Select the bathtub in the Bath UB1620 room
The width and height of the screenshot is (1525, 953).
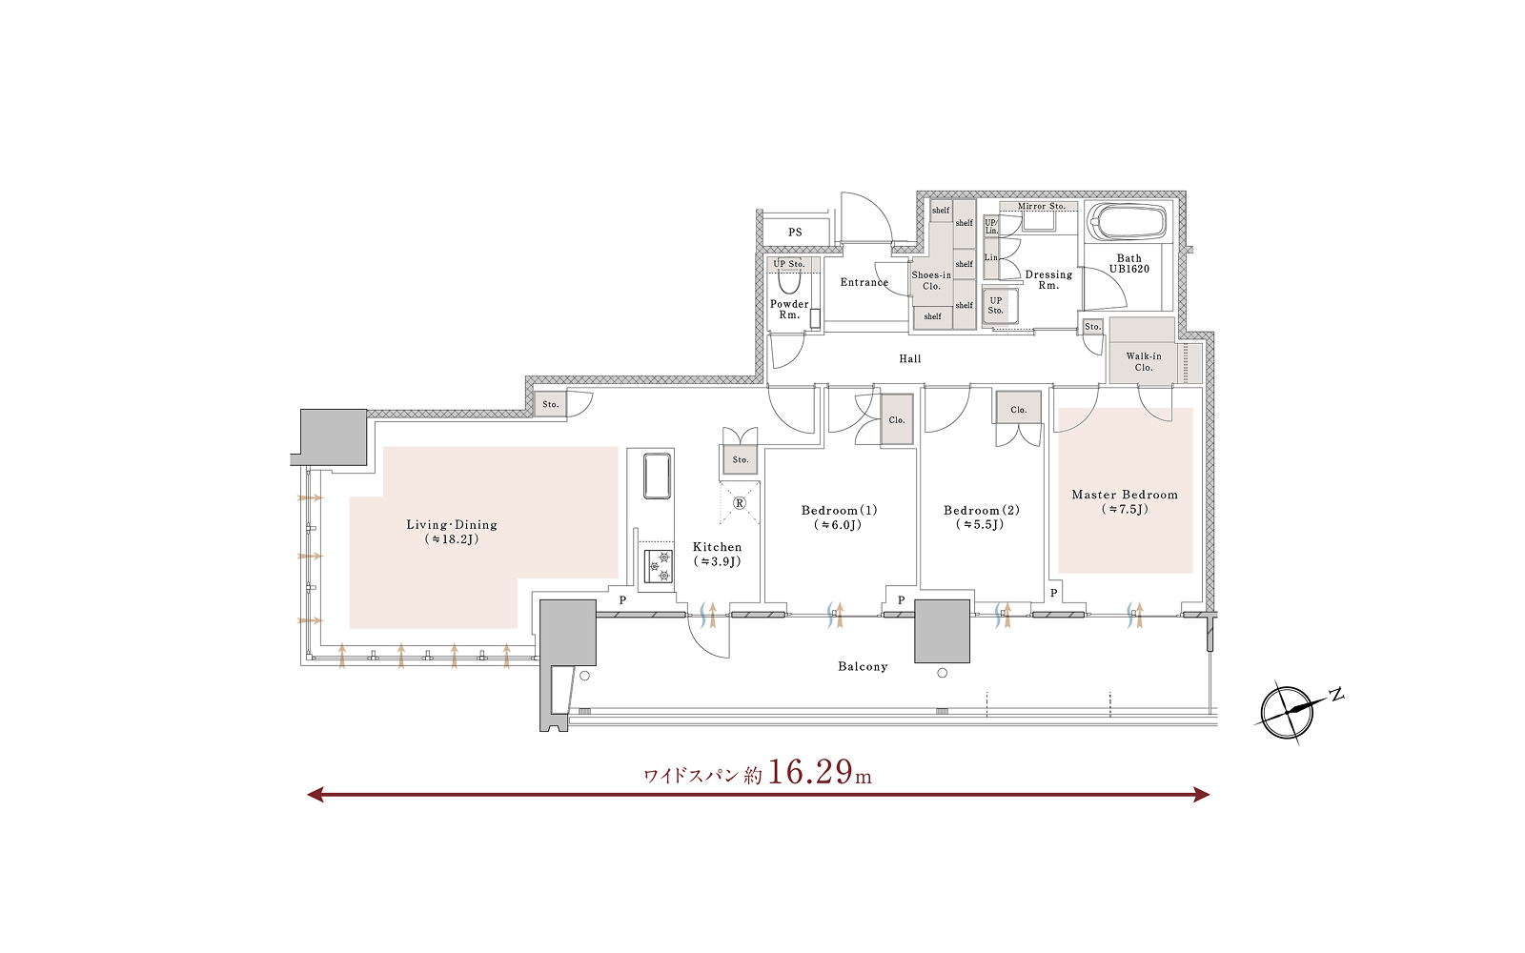[x=1128, y=220]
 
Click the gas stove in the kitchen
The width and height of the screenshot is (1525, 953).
[x=659, y=566]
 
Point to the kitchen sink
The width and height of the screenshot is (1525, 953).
[x=657, y=476]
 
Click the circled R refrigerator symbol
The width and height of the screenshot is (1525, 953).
[x=740, y=503]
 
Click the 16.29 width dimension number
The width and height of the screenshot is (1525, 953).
[x=810, y=772]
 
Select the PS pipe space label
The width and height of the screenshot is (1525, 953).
[x=795, y=233]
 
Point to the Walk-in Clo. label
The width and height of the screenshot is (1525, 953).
[x=1144, y=361]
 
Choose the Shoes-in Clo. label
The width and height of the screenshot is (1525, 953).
[x=931, y=280]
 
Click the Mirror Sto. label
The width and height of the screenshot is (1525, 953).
[x=1041, y=206]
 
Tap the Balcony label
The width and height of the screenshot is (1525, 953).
[x=863, y=666]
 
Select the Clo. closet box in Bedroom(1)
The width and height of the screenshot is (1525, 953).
[x=897, y=420]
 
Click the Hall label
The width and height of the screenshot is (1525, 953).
[x=910, y=358]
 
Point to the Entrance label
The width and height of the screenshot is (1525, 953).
[x=864, y=282]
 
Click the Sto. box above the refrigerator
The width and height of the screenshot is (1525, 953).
[x=740, y=459]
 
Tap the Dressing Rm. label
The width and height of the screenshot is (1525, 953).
[x=1048, y=280]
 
